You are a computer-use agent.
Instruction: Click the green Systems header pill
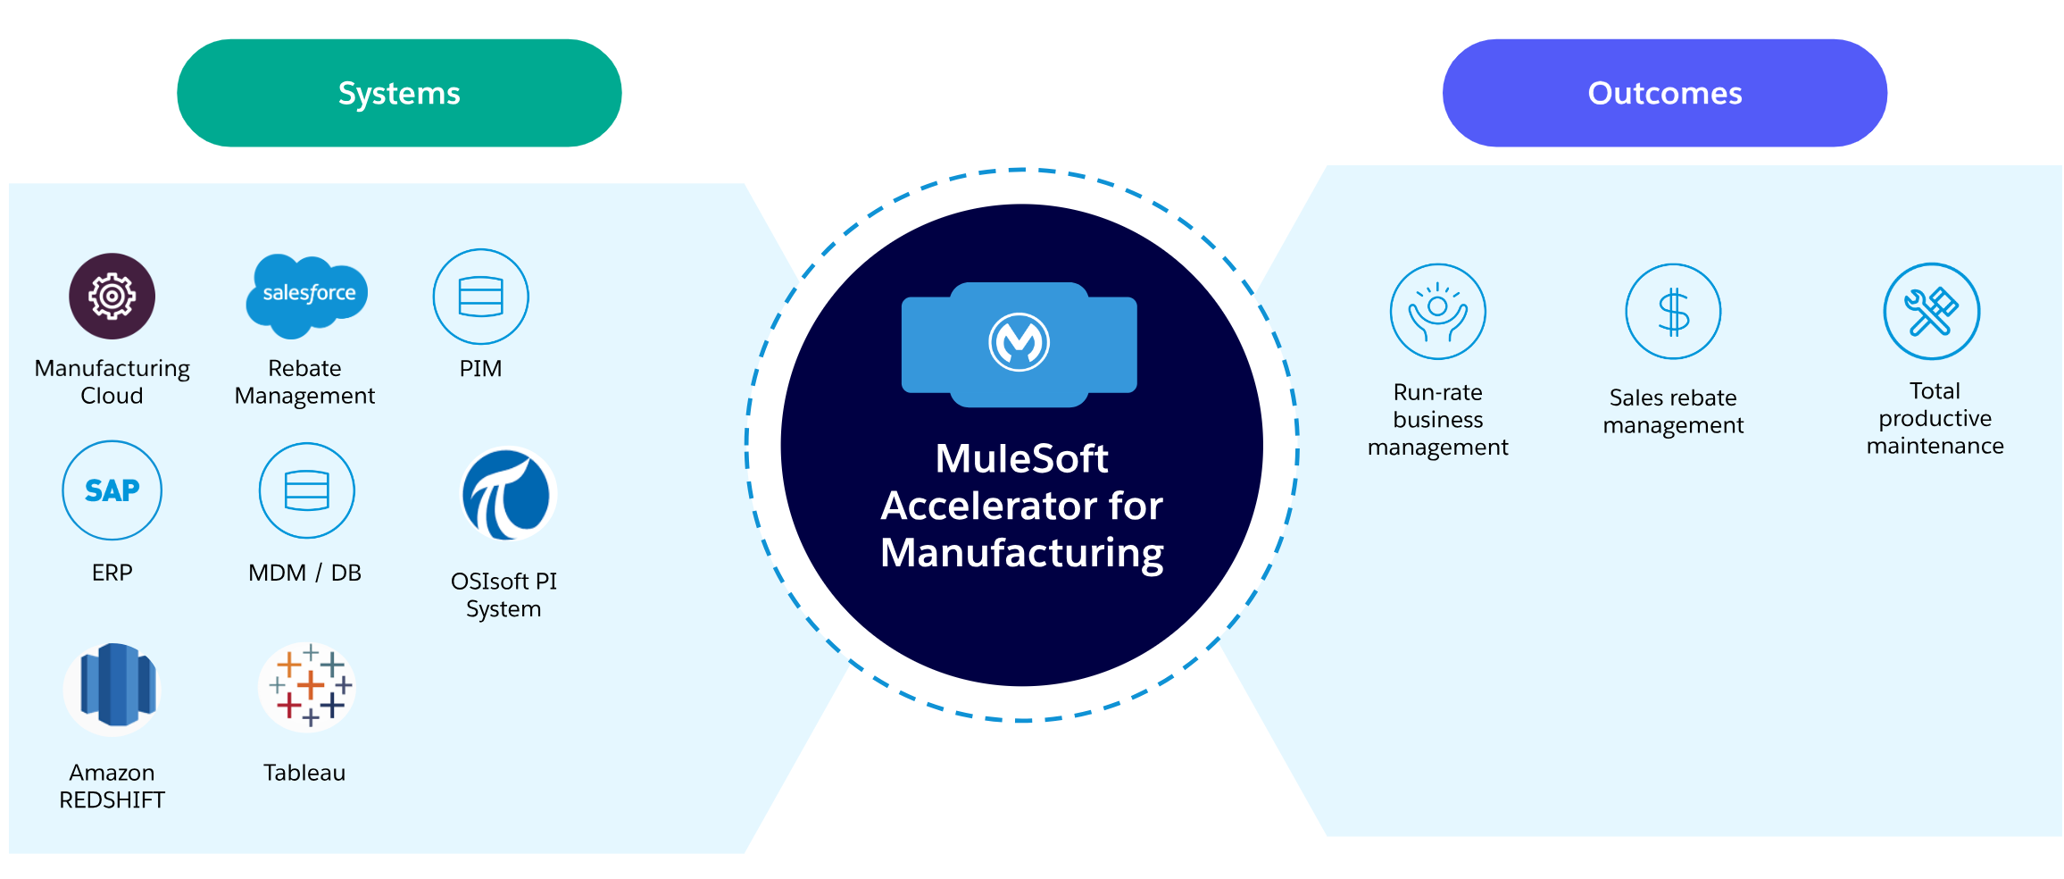click(x=399, y=93)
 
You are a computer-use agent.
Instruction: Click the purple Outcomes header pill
click(x=1664, y=93)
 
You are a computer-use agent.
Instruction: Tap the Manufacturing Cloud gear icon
click(x=112, y=296)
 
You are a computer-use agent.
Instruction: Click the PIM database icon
click(x=480, y=297)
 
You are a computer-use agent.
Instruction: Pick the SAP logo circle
click(x=112, y=490)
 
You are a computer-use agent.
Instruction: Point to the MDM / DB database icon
click(x=306, y=490)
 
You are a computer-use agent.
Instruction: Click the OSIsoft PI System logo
click(x=507, y=494)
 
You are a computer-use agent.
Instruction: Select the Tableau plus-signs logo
click(x=308, y=686)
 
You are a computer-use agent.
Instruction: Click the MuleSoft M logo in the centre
click(x=1019, y=342)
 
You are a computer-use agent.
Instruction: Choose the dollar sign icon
click(x=1673, y=312)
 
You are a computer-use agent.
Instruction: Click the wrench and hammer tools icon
click(x=1931, y=311)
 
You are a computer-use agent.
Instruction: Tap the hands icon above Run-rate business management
click(x=1437, y=312)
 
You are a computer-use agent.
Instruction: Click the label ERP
click(x=112, y=573)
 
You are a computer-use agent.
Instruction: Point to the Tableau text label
click(x=304, y=773)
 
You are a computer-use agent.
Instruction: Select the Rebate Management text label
click(x=304, y=382)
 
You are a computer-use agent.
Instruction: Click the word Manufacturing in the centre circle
click(x=1021, y=553)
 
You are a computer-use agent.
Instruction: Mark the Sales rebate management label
click(x=1673, y=411)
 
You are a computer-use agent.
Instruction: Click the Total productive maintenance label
click(x=1935, y=418)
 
